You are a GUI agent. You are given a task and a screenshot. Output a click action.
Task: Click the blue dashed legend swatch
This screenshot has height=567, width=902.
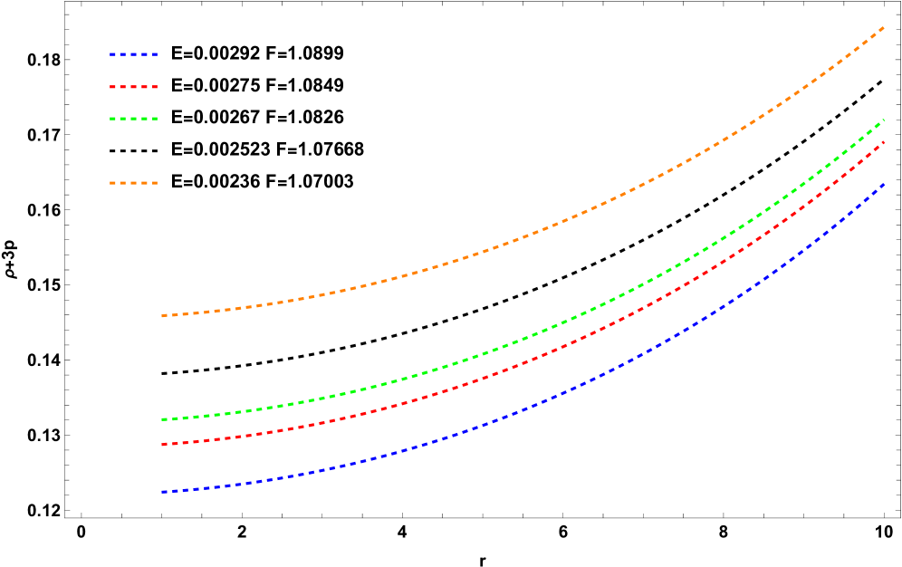tap(134, 54)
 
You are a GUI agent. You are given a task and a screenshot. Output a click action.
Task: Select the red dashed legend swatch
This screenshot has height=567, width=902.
tap(134, 87)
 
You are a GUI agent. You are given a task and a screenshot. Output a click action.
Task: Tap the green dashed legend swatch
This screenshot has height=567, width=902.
tap(134, 119)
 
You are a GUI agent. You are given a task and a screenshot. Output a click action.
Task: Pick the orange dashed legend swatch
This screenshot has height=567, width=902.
tap(134, 183)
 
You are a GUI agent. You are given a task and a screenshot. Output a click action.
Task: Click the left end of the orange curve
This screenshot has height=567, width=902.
tap(162, 316)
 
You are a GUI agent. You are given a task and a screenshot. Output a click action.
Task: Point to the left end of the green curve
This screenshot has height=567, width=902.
tap(162, 419)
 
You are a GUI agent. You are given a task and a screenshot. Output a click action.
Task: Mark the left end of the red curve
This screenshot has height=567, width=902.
tap(162, 445)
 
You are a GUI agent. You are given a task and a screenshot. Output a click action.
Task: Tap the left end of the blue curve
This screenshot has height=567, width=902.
tap(162, 492)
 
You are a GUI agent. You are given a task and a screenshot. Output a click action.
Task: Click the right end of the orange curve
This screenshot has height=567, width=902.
tap(884, 27)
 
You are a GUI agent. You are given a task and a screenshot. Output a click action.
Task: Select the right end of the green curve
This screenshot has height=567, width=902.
tap(884, 120)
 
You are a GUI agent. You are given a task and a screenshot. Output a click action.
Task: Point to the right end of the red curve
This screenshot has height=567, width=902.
tap(884, 141)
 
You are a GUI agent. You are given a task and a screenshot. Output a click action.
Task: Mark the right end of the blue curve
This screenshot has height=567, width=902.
tap(884, 184)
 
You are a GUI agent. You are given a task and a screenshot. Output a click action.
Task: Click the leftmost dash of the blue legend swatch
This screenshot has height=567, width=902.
tap(113, 54)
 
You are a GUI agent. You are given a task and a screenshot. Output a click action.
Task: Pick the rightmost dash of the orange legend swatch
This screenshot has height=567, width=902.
tap(154, 183)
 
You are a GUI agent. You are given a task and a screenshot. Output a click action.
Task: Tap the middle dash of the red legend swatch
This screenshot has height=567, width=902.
tap(134, 87)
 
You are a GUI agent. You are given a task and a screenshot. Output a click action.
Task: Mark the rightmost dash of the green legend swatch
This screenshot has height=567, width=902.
tap(154, 119)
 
